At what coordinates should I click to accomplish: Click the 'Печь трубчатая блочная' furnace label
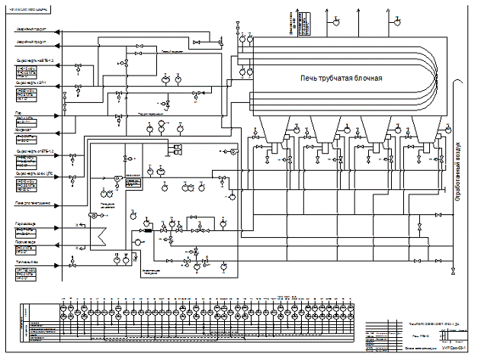tap(341, 79)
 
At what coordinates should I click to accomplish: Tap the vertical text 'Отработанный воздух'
tap(459, 170)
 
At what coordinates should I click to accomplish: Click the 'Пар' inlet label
tap(18, 111)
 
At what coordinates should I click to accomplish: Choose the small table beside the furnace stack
tap(303, 31)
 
